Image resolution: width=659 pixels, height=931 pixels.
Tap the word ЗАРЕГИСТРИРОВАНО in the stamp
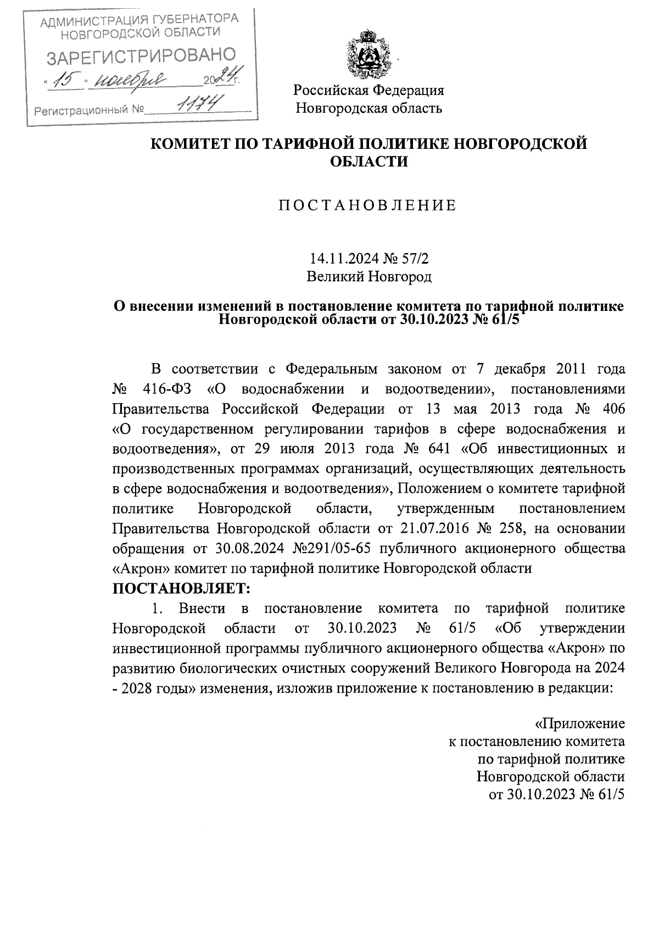141,55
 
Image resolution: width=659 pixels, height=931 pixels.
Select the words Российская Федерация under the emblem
368,90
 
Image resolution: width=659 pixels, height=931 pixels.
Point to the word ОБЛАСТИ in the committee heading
368,161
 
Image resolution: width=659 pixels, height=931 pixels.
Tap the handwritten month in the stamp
127,81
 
